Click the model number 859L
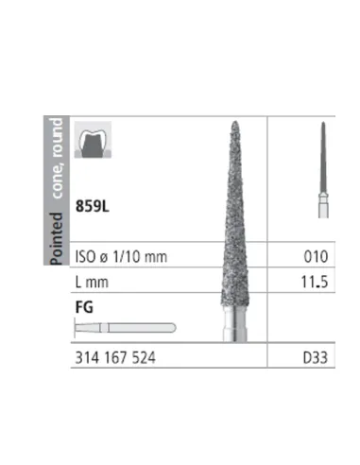pos(93,206)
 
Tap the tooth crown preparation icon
pos(93,140)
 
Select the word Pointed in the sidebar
pos(57,238)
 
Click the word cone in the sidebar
pos(58,181)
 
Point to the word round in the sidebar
pos(57,138)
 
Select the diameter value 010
pos(316,256)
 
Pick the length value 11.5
pos(315,282)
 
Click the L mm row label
pos(92,282)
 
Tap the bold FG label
pos(84,307)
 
